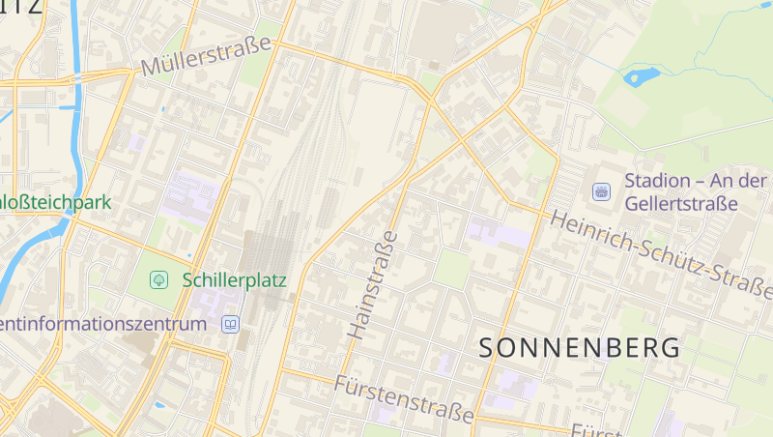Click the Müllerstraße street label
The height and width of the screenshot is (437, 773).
tap(207, 56)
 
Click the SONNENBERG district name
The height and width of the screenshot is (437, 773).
tap(580, 348)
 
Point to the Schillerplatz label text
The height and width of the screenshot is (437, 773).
tap(234, 280)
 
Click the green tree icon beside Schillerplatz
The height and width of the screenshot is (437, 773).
tap(158, 280)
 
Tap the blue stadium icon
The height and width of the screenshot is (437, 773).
tap(601, 191)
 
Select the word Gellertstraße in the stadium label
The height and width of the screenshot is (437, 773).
tap(680, 204)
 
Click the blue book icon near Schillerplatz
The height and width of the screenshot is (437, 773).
tap(230, 324)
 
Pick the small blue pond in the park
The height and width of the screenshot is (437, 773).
tap(641, 75)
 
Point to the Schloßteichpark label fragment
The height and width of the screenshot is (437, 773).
tap(56, 203)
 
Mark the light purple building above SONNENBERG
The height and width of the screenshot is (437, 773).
tap(499, 233)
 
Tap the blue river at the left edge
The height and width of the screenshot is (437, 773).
tap(39, 256)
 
